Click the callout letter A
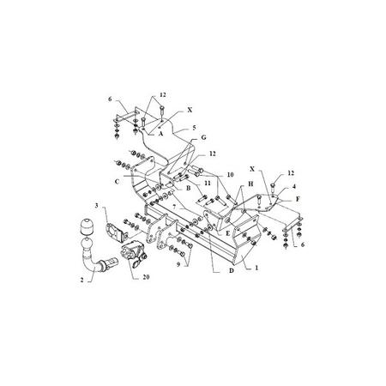pyautogui.click(x=160, y=133)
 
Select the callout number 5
pyautogui.click(x=194, y=128)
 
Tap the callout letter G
pyautogui.click(x=203, y=137)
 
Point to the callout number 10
pyautogui.click(x=230, y=174)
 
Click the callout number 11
pyautogui.click(x=208, y=183)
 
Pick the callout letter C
pyautogui.click(x=117, y=181)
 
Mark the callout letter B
pyautogui.click(x=188, y=188)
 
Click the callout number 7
pyautogui.click(x=174, y=207)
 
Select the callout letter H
pyautogui.click(x=250, y=184)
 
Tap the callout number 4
pyautogui.click(x=294, y=187)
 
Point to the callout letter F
pyautogui.click(x=298, y=199)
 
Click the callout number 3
pyautogui.click(x=97, y=205)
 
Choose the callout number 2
pyautogui.click(x=82, y=280)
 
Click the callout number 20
pyautogui.click(x=146, y=277)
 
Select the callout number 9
pyautogui.click(x=178, y=265)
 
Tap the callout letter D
pyautogui.click(x=232, y=270)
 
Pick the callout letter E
pyautogui.click(x=228, y=233)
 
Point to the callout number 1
pyautogui.click(x=256, y=268)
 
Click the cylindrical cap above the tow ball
pyautogui.click(x=86, y=226)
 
